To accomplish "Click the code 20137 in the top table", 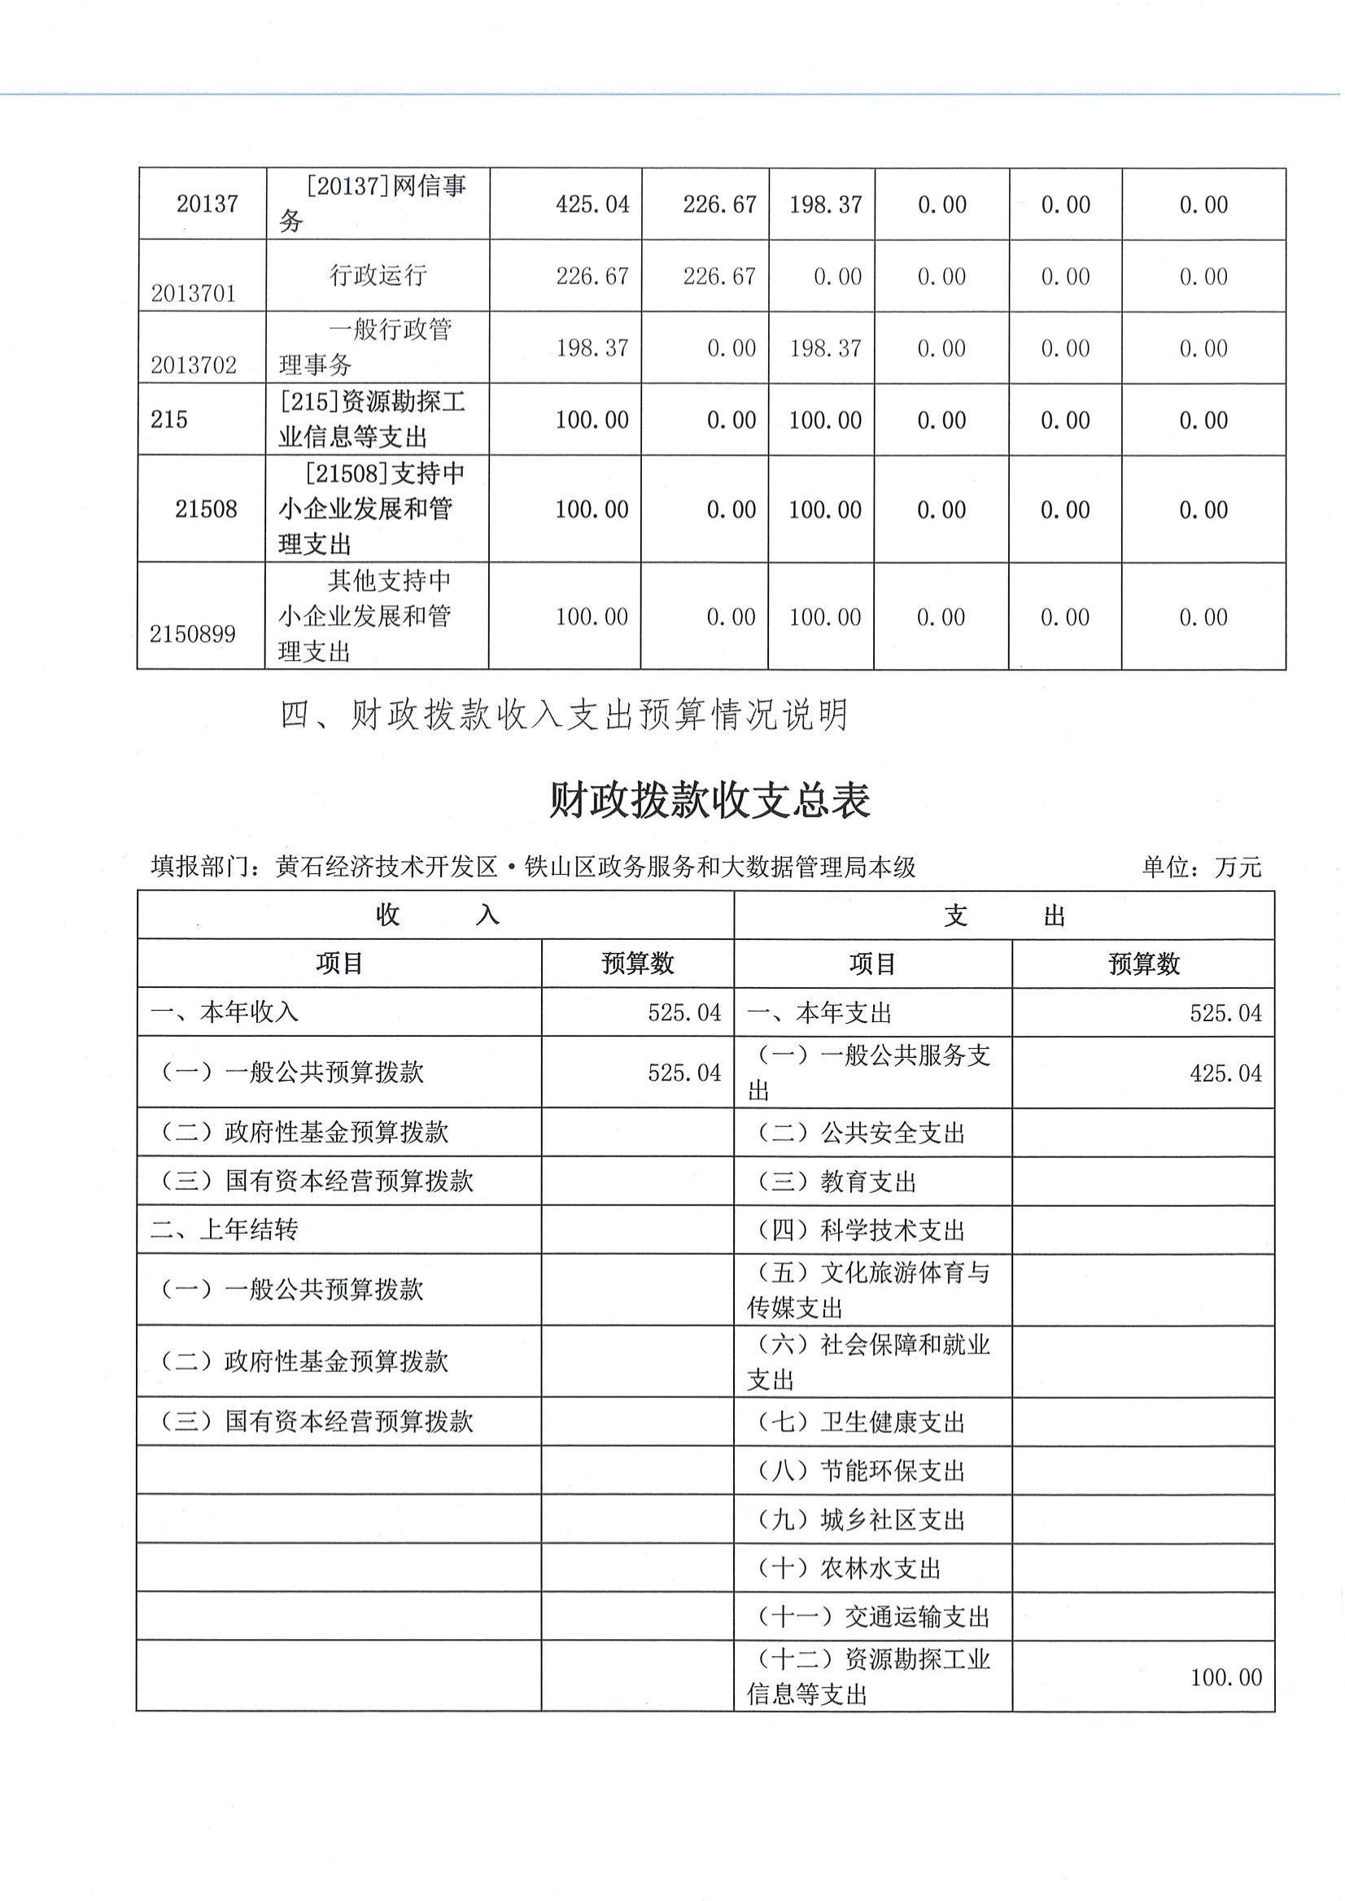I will point(207,203).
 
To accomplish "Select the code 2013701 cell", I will point(194,293).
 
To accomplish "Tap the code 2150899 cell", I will point(193,635).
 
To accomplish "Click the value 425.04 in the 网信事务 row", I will point(592,204).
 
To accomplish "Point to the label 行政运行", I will point(378,275).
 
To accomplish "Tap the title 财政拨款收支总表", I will point(710,801).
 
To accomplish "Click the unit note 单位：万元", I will point(1202,867).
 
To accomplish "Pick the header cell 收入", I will point(436,916).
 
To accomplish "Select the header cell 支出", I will point(1004,916).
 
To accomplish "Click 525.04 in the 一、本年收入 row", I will point(684,1013).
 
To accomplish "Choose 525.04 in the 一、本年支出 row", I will point(1225,1013).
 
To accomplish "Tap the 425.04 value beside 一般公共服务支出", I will point(1225,1073).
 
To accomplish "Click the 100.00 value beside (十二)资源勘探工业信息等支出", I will point(1225,1678).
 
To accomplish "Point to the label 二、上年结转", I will point(225,1230).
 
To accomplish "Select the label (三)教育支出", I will point(836,1182).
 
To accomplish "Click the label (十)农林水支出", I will point(849,1569).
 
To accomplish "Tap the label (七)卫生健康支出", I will point(862,1423).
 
